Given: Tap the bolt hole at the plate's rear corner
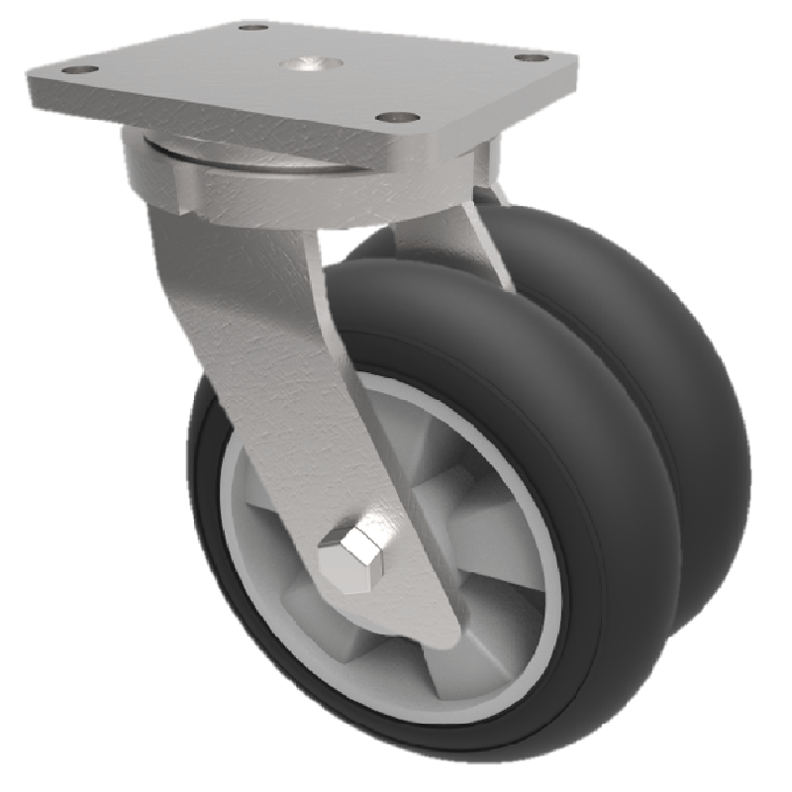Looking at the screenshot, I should coord(253,28).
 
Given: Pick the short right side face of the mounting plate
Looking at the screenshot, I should coord(495,119).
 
